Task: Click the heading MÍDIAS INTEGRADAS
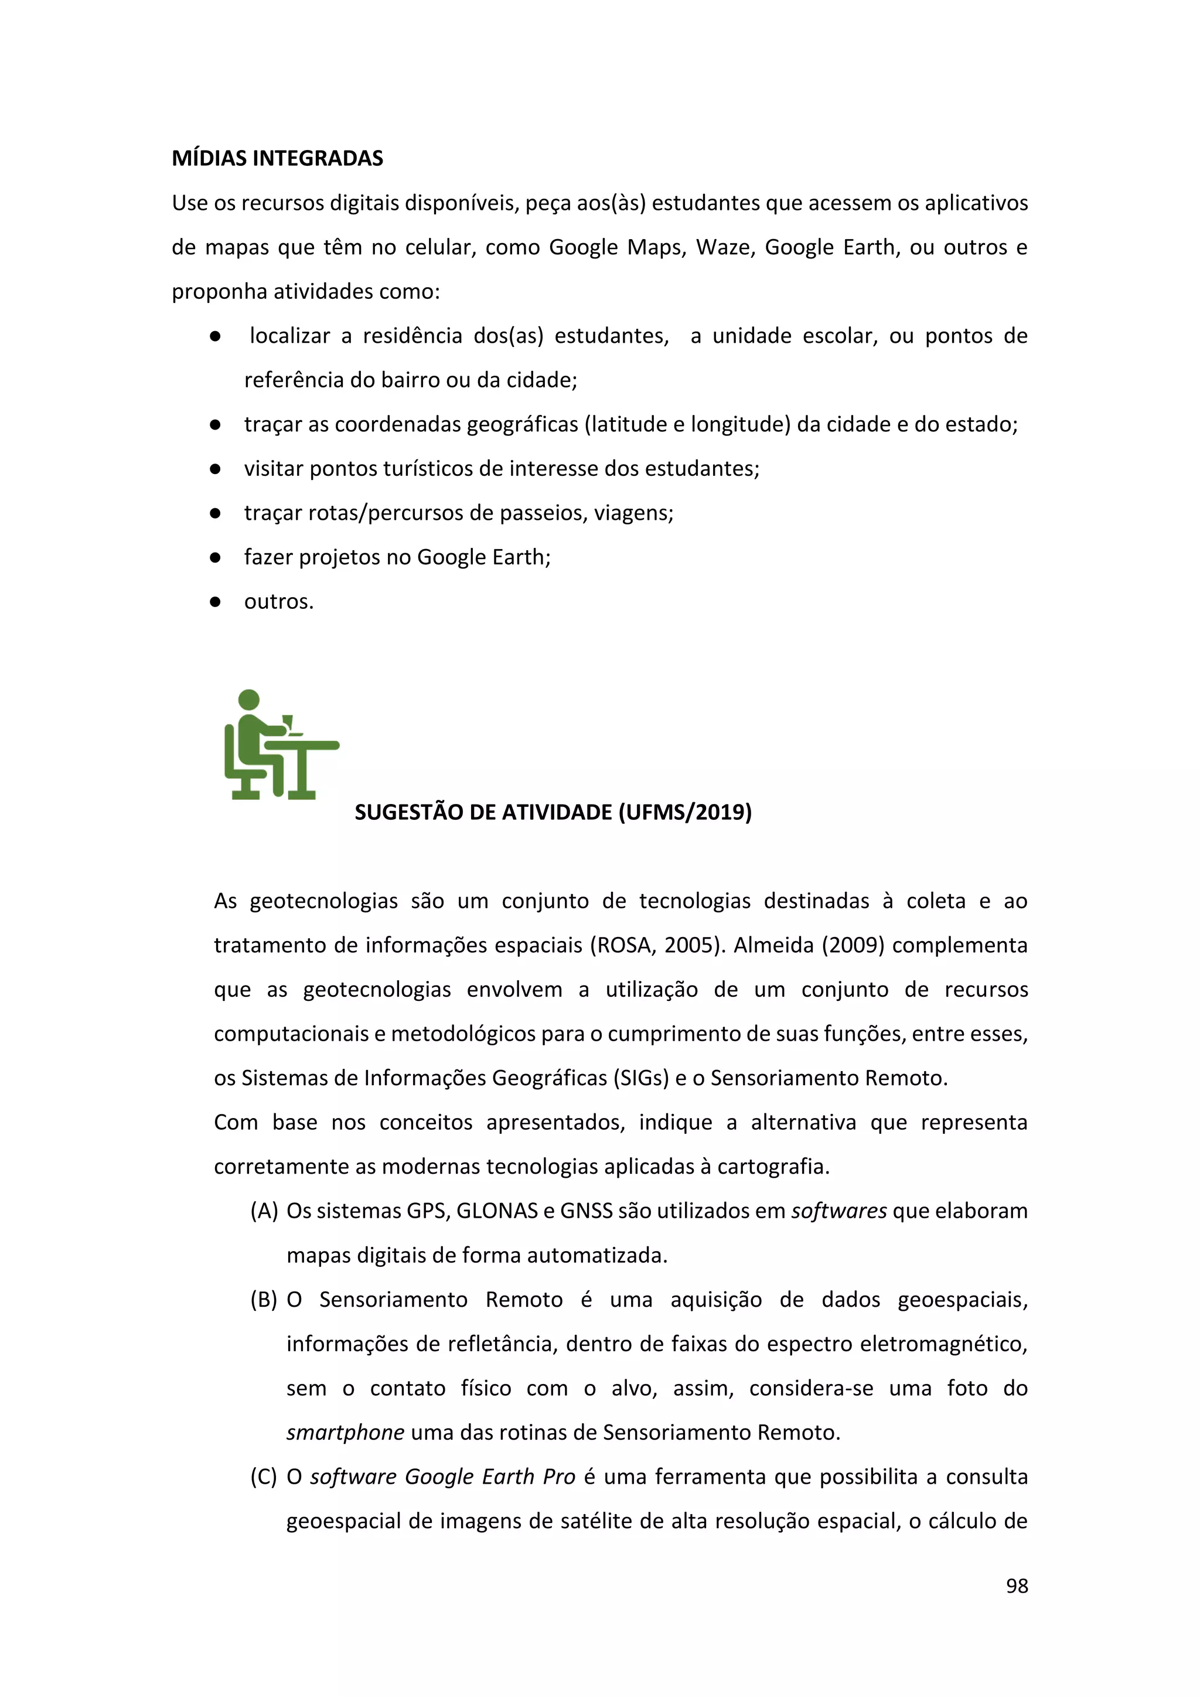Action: pyautogui.click(x=277, y=158)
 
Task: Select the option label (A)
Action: pyautogui.click(x=264, y=1211)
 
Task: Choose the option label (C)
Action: pyautogui.click(x=264, y=1477)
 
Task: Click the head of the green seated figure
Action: pyautogui.click(x=249, y=699)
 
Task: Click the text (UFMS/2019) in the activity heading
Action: pyautogui.click(x=685, y=812)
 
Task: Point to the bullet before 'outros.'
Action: pyautogui.click(x=215, y=602)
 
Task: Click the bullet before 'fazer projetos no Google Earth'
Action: pyautogui.click(x=215, y=557)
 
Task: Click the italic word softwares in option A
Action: pyautogui.click(x=838, y=1211)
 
